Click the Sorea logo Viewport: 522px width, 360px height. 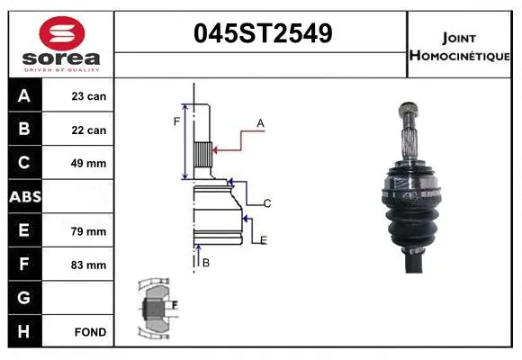[x=60, y=44]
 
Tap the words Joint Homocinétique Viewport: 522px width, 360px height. [x=460, y=46]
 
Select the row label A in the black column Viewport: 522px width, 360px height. [x=23, y=96]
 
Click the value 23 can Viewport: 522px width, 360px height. [x=89, y=96]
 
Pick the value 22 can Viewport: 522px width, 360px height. [x=89, y=130]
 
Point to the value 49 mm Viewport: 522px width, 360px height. [x=89, y=164]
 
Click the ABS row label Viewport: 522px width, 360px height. [x=23, y=197]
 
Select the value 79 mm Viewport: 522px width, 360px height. [x=89, y=231]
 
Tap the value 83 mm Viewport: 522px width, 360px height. [x=89, y=265]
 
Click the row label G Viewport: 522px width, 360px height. [x=23, y=298]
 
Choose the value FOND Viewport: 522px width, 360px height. [x=91, y=332]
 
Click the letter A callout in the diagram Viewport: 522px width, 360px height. [x=260, y=122]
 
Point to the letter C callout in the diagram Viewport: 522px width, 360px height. [x=267, y=203]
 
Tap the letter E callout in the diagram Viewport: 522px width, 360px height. [x=263, y=239]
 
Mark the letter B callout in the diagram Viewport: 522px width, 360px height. [x=206, y=263]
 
